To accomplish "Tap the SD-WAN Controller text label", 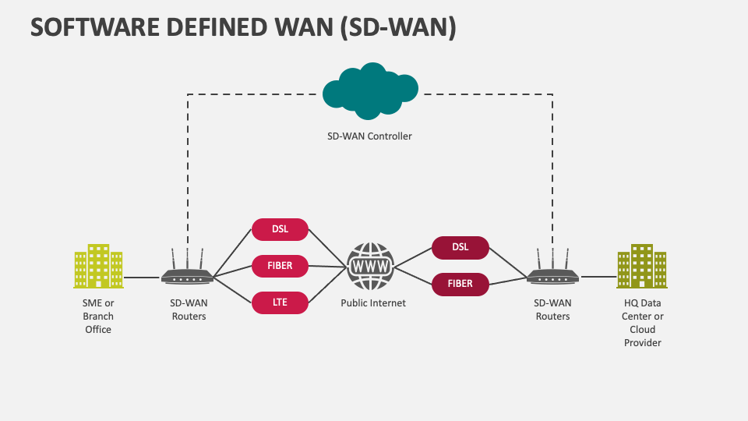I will pyautogui.click(x=369, y=136).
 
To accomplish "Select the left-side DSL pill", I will pyautogui.click(x=280, y=229).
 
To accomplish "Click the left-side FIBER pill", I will pyautogui.click(x=280, y=266).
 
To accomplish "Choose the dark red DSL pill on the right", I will pyautogui.click(x=460, y=247).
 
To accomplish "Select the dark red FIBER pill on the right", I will pyautogui.click(x=460, y=284).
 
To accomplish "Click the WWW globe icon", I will pyautogui.click(x=371, y=266).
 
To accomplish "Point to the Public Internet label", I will pyautogui.click(x=372, y=303).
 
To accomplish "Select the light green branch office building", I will pyautogui.click(x=98, y=266).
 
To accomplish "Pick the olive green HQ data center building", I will pyautogui.click(x=641, y=266).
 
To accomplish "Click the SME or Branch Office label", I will pyautogui.click(x=98, y=316).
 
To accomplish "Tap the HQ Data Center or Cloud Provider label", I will pyautogui.click(x=642, y=323).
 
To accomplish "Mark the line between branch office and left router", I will pyautogui.click(x=142, y=277).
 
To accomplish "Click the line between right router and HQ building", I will pyautogui.click(x=598, y=277).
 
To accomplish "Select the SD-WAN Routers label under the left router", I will pyautogui.click(x=188, y=310).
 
